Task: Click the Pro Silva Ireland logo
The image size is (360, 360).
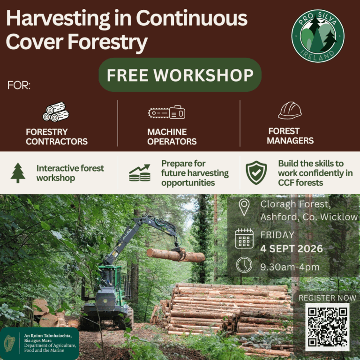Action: (318, 36)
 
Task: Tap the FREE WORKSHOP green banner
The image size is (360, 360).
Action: (180, 75)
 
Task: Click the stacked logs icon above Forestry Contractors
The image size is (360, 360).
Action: (56, 112)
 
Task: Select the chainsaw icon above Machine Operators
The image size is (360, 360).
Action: (167, 112)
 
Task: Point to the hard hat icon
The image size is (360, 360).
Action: (290, 111)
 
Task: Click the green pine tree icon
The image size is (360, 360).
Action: (18, 173)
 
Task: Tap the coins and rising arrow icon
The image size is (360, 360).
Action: (140, 172)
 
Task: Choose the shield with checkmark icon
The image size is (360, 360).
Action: (256, 172)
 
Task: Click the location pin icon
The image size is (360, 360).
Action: (244, 207)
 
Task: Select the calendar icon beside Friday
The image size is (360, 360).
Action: (244, 239)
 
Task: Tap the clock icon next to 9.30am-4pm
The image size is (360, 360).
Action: (244, 265)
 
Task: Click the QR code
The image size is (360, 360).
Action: (327, 327)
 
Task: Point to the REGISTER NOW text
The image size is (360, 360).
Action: (327, 298)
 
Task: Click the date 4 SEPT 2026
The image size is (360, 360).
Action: (292, 248)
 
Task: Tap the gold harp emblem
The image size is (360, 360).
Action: (10, 344)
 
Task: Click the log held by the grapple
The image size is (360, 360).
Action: (176, 255)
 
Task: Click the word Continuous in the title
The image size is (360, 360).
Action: (192, 18)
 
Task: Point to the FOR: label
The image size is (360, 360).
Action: (19, 85)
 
